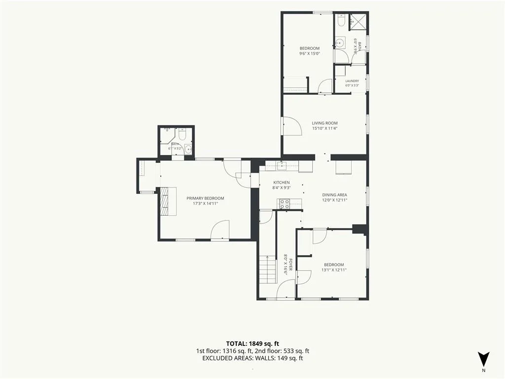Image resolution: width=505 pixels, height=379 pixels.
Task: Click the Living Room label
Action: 325,123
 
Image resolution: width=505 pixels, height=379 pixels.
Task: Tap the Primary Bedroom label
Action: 205,198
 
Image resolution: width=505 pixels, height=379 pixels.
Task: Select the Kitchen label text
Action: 282,183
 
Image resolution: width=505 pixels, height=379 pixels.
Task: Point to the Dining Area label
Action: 335,194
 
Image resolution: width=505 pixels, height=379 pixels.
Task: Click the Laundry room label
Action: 352,81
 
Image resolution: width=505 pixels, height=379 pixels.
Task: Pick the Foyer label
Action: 290,265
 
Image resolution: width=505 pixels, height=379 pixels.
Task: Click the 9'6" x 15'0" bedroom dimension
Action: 310,53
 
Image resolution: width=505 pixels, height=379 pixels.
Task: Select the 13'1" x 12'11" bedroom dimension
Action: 334,270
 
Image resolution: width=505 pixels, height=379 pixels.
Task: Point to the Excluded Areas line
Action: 252,358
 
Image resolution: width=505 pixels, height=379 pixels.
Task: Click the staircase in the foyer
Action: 268,269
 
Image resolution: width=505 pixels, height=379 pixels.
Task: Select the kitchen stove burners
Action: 285,203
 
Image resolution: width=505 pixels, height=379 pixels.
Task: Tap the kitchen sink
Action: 283,166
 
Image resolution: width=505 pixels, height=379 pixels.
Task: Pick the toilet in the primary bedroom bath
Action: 182,134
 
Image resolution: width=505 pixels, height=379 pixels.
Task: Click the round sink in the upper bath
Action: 340,42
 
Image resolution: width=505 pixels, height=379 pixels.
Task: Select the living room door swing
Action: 292,126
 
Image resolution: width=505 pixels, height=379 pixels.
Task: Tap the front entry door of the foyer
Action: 286,289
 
